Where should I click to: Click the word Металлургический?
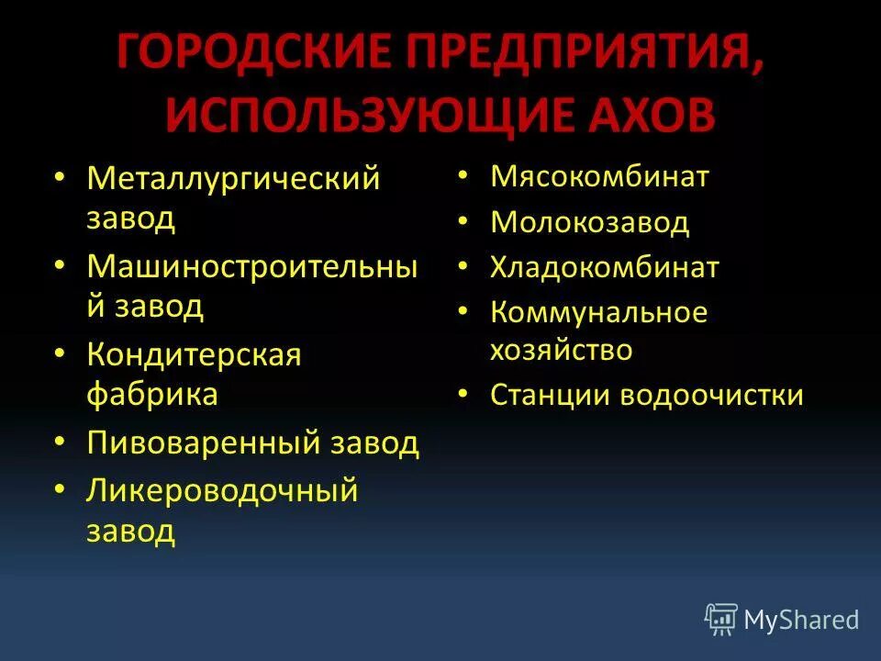pyautogui.click(x=233, y=178)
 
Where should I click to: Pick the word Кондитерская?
pyautogui.click(x=194, y=354)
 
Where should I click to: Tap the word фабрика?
pyautogui.click(x=152, y=394)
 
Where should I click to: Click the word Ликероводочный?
pyautogui.click(x=222, y=490)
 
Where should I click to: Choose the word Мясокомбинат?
pyautogui.click(x=600, y=176)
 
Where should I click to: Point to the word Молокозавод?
pyautogui.click(x=589, y=222)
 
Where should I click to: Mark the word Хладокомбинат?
pyautogui.click(x=605, y=267)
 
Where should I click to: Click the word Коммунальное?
pyautogui.click(x=598, y=312)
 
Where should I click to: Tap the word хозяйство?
pyautogui.click(x=562, y=350)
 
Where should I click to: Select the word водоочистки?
pyautogui.click(x=712, y=395)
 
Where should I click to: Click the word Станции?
pyautogui.click(x=552, y=395)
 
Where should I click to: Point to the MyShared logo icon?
pyautogui.click(x=721, y=620)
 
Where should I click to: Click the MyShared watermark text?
pyautogui.click(x=802, y=621)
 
